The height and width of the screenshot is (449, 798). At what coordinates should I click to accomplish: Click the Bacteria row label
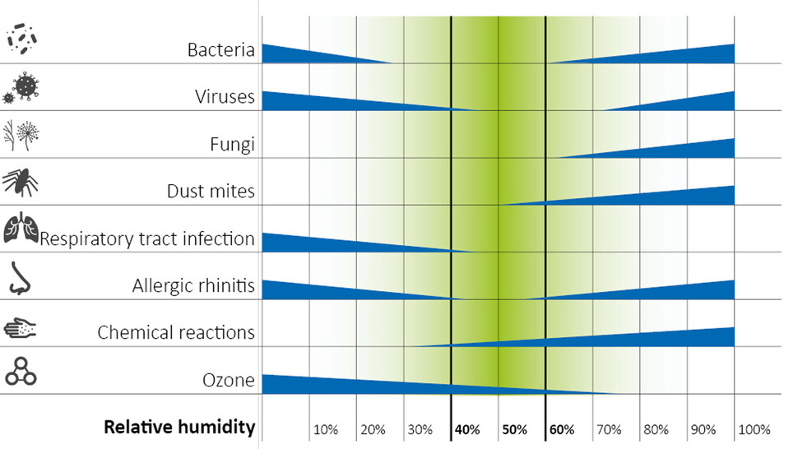click(220, 51)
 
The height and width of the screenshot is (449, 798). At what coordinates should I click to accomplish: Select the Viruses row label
click(225, 99)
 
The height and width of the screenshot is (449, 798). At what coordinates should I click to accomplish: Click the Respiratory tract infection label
click(147, 239)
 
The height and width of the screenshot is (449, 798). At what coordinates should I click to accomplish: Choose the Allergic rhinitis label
click(193, 286)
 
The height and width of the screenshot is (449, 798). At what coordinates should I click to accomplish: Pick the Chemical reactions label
click(176, 333)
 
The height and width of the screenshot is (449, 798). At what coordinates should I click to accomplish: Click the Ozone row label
click(228, 381)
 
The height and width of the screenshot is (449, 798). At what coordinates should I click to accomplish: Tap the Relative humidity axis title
click(179, 428)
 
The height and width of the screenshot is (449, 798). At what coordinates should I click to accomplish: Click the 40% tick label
click(468, 429)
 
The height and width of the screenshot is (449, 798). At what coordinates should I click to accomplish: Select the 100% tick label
click(754, 429)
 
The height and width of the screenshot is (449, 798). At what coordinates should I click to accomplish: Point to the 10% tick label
click(327, 429)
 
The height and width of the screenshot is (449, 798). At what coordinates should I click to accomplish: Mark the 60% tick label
click(563, 429)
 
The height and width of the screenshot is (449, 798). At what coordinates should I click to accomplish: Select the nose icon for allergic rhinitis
click(20, 278)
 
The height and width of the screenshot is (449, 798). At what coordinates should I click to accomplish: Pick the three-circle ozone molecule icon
click(21, 371)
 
